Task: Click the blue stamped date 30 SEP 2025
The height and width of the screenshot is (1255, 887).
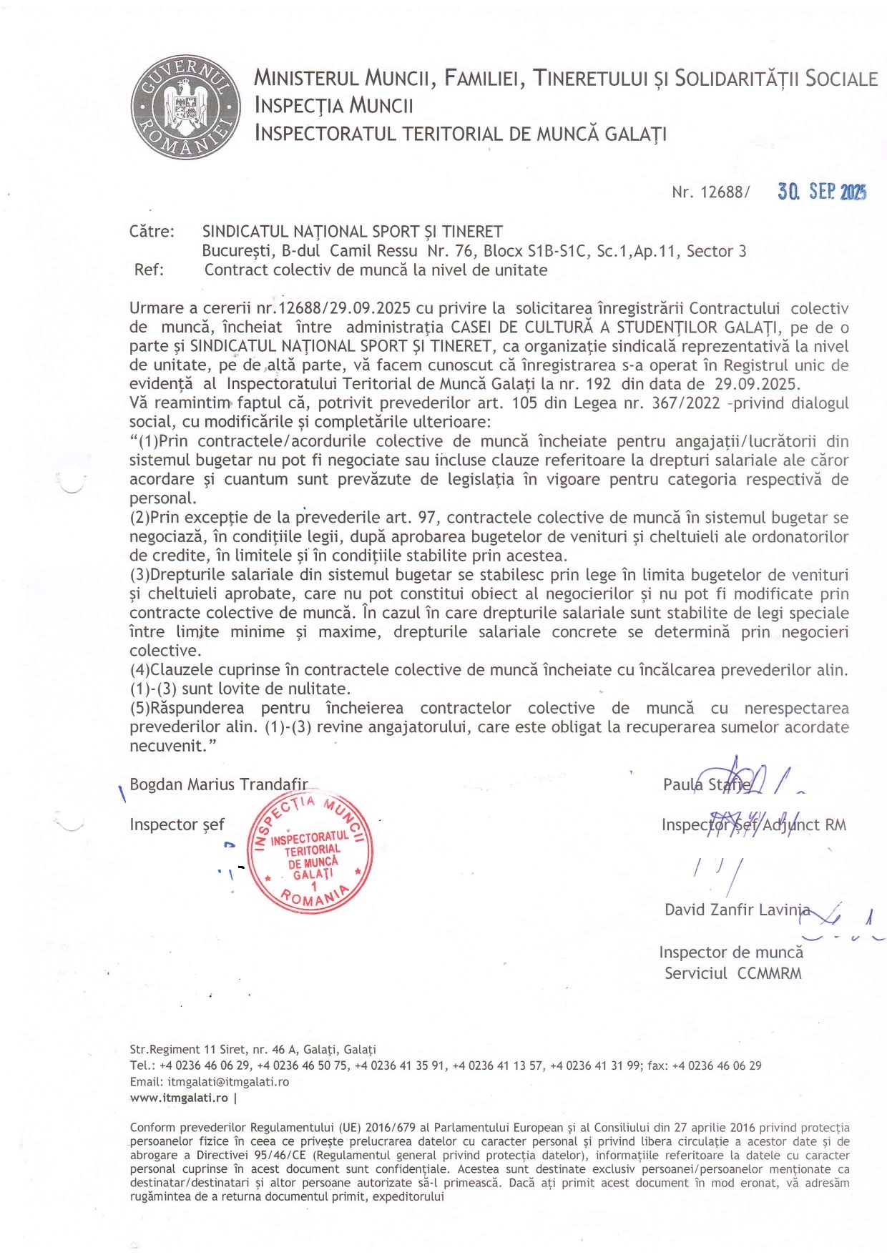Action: (822, 192)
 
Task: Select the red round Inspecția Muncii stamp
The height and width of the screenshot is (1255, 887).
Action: (310, 852)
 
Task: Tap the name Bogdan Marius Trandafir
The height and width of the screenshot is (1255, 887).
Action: (219, 784)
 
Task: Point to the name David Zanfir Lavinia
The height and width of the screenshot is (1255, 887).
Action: (737, 910)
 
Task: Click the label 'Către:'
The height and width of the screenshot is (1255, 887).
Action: (152, 232)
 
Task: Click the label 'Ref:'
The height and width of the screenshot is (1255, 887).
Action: (149, 270)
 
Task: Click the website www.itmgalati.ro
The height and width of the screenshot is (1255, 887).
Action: (179, 1097)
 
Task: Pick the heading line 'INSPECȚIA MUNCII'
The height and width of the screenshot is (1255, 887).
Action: (334, 106)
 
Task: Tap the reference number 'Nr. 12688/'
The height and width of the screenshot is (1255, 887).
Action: (710, 192)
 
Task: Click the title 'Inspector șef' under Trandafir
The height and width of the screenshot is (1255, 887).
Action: (177, 825)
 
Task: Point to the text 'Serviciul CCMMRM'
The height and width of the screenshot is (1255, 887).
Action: (733, 973)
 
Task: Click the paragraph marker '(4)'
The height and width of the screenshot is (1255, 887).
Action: (139, 670)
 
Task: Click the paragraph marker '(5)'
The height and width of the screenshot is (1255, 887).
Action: (139, 708)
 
